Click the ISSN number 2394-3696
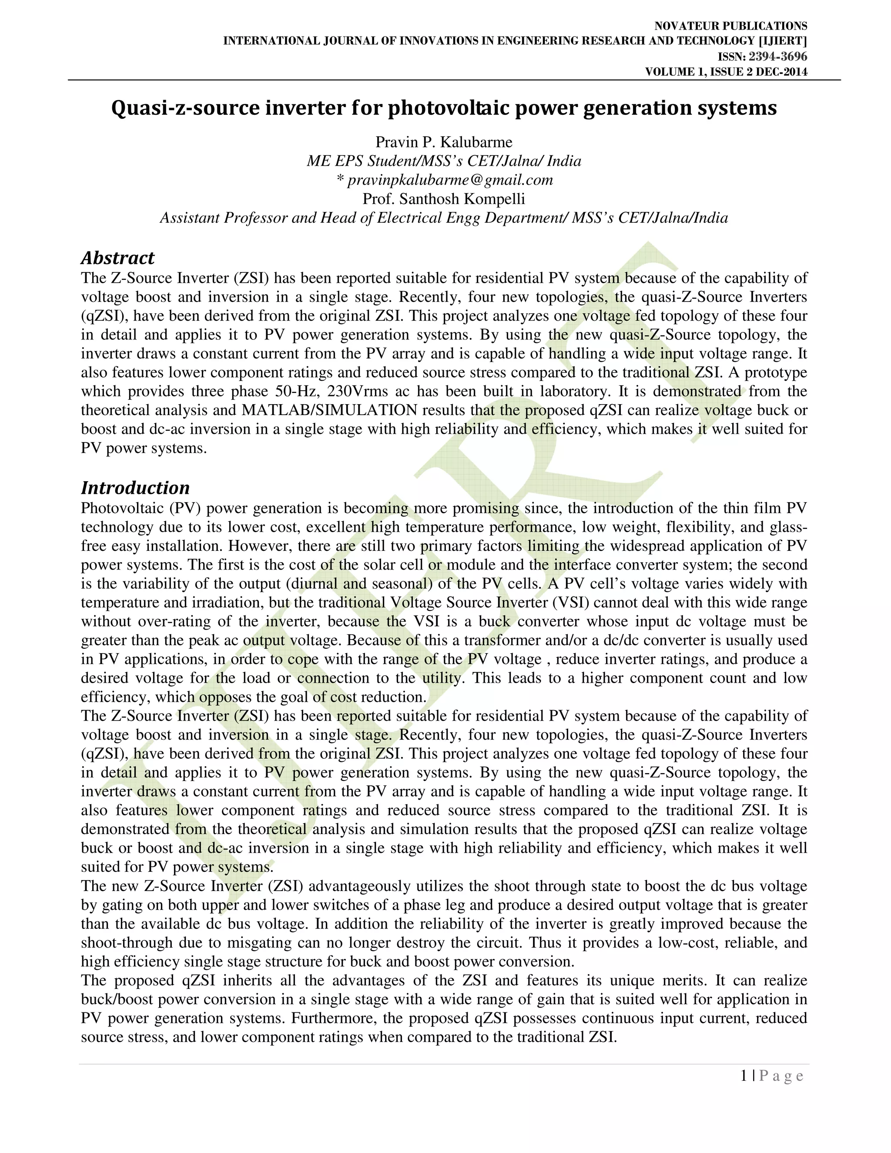(777, 57)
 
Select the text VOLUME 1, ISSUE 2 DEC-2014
(726, 72)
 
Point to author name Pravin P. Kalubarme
(443, 142)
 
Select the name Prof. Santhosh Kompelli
(443, 199)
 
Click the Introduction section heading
(135, 487)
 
